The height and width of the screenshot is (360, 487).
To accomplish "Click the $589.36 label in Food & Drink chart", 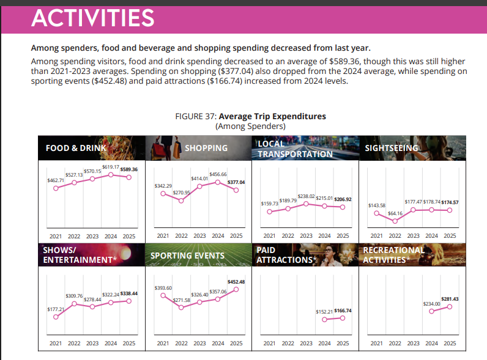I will tap(129, 169).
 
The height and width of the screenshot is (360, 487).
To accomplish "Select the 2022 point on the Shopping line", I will tap(181, 200).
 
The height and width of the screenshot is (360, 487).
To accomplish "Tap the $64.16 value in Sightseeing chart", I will tap(395, 213).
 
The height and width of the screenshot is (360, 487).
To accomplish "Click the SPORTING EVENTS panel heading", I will tap(187, 255).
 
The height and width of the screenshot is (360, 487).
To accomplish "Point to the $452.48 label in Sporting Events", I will tap(236, 282).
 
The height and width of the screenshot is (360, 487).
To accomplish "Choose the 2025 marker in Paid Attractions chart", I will tap(343, 318).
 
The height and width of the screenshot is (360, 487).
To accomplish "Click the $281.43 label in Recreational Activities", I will tap(450, 299).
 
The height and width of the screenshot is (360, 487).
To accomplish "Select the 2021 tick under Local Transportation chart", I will tap(269, 235).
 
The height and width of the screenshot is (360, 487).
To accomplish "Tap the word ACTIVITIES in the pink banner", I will tap(92, 18).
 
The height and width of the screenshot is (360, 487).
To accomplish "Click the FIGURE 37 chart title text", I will tap(251, 116).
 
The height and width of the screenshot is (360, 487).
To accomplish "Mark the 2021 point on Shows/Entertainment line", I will tap(56, 317).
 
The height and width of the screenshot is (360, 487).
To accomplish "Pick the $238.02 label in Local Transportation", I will tap(306, 195).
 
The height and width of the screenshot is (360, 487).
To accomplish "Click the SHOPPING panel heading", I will tap(206, 148).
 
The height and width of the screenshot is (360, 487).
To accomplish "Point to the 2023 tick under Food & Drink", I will tap(92, 235).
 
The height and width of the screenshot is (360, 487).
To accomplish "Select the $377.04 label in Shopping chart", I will tap(236, 182).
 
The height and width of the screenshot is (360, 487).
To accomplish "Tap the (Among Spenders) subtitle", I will tap(251, 126).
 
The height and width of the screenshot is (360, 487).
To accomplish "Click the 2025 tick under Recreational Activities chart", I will tap(450, 343).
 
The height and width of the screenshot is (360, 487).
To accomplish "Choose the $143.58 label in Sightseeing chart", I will tap(376, 205).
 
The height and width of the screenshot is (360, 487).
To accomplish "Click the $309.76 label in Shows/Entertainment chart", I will tap(73, 296).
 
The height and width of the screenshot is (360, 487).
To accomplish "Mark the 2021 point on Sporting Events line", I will tap(163, 295).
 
